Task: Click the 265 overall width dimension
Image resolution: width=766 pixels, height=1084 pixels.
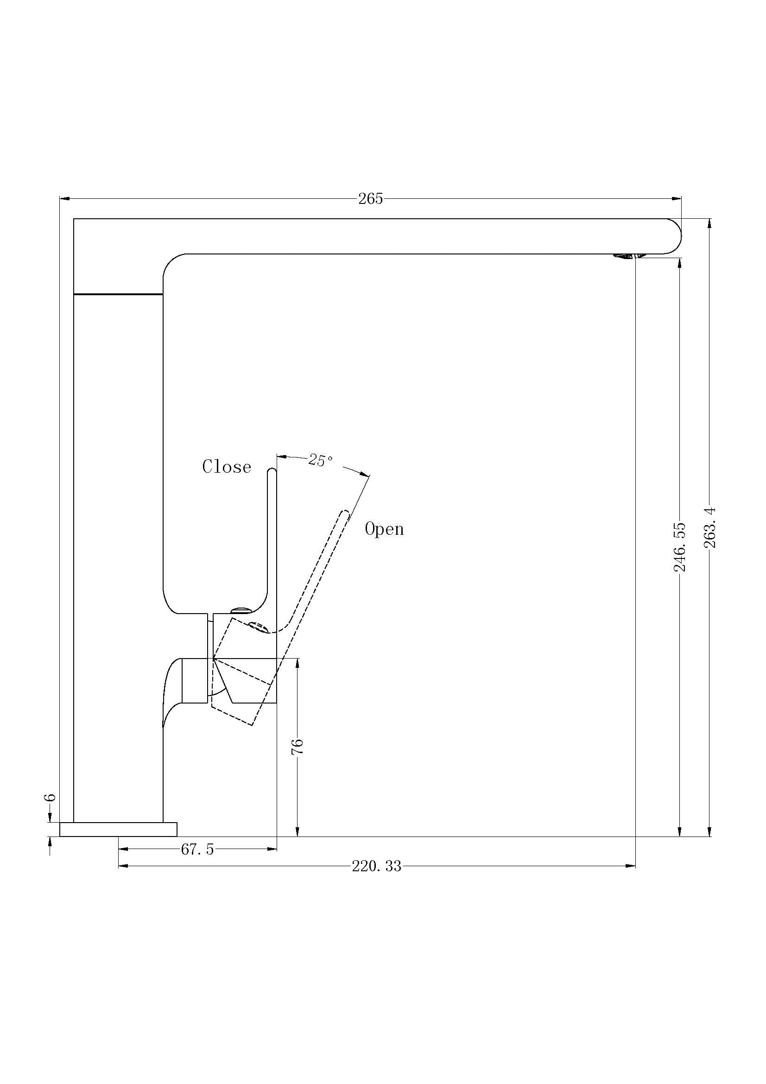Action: click(371, 199)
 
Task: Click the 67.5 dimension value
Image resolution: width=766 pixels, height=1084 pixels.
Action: click(197, 850)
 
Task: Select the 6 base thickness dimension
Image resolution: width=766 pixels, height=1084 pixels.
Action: click(50, 797)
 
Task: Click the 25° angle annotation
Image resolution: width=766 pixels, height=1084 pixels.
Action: click(321, 460)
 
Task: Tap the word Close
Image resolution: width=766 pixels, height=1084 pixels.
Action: click(227, 467)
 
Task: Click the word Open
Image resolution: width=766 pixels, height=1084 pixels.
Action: click(384, 529)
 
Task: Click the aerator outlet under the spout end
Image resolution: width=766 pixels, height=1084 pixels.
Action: click(627, 256)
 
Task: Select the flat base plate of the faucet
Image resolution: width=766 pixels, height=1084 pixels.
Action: click(118, 829)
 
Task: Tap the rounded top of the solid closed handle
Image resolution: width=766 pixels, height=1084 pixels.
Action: click(272, 471)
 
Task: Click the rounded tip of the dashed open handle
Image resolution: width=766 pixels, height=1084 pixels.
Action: click(345, 513)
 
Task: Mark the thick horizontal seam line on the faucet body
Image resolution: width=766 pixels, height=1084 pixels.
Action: click(118, 294)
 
